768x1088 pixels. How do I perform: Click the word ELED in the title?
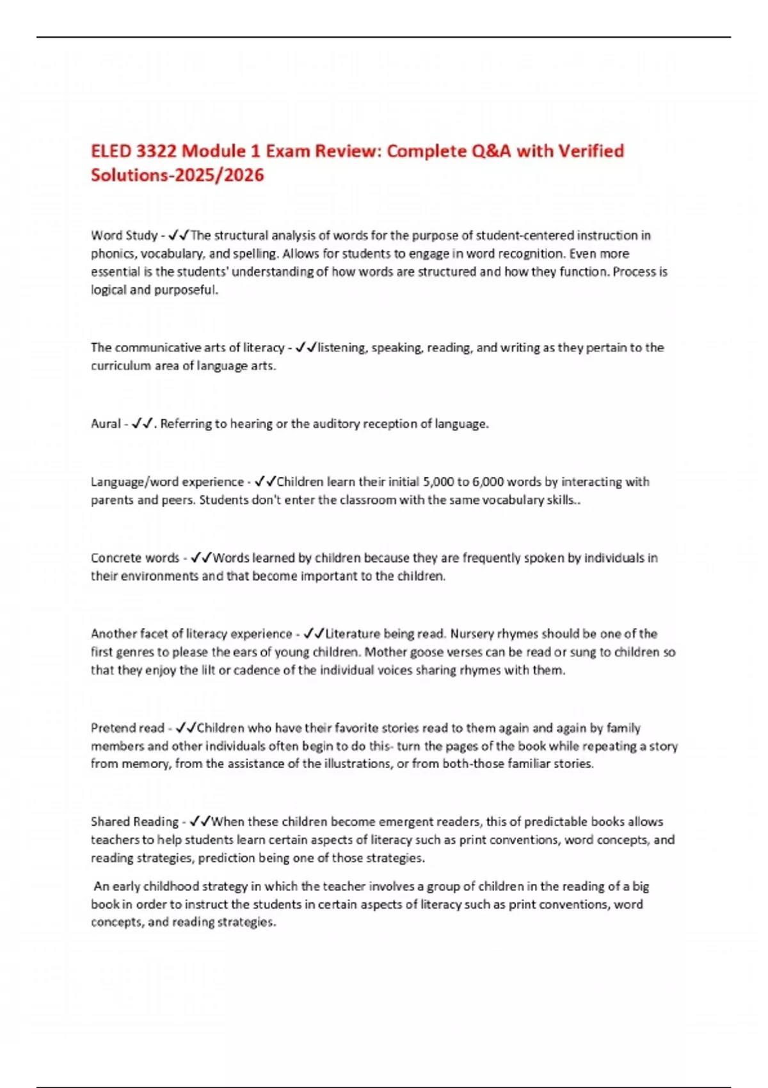pos(111,151)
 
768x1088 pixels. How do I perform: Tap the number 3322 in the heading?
pos(156,151)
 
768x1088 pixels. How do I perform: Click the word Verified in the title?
pos(591,151)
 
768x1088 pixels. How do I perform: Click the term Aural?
pos(106,424)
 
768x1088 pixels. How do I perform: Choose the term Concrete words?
pos(135,558)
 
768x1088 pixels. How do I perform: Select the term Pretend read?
pos(127,728)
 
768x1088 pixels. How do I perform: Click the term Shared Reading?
pos(134,822)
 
